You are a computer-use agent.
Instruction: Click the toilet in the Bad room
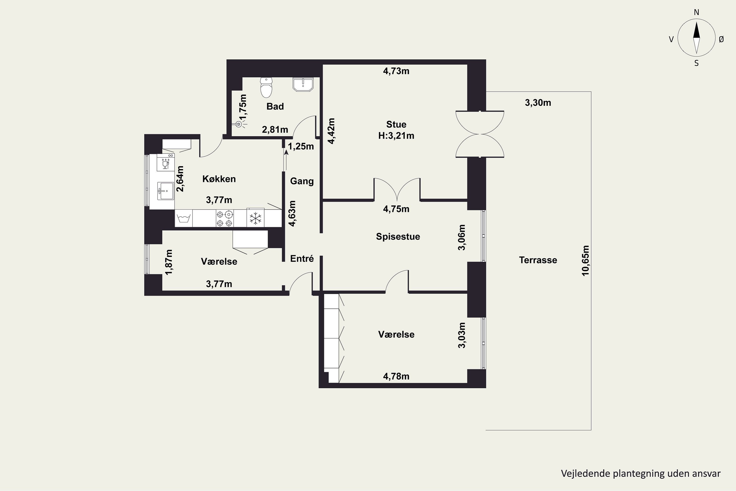(266, 87)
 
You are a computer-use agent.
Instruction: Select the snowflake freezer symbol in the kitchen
(255, 218)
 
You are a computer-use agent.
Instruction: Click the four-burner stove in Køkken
(225, 218)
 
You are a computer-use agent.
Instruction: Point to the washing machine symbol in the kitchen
(184, 218)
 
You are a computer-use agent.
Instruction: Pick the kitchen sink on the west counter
(165, 191)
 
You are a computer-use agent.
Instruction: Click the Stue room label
(396, 124)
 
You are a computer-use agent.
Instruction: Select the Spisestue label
(398, 236)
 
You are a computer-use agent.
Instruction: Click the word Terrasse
(538, 260)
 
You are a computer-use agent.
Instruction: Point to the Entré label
(302, 259)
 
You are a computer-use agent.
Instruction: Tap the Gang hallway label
(302, 181)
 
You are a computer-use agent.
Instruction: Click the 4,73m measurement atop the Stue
(396, 71)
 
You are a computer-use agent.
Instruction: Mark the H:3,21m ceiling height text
(396, 136)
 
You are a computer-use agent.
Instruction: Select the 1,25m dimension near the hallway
(301, 146)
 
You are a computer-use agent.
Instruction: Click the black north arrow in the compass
(696, 30)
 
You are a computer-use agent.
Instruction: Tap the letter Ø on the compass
(721, 39)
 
